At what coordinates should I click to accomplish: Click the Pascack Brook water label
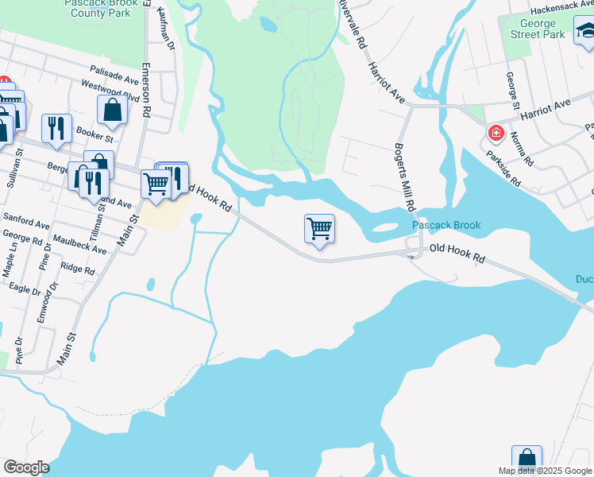446,226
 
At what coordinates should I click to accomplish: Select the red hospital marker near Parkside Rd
496,133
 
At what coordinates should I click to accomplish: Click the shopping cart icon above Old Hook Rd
319,229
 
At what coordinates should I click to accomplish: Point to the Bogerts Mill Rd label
405,176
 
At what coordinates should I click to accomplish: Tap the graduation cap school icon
585,33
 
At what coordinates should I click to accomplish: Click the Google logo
25,467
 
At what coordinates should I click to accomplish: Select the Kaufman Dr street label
165,29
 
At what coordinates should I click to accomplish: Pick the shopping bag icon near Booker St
112,111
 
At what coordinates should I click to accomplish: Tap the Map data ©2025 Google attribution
544,471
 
